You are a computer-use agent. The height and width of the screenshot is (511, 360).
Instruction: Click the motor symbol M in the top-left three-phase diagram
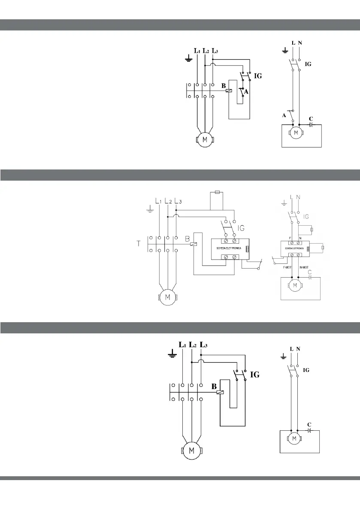(204, 140)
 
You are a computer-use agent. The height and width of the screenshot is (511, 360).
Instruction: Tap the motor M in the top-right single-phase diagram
(295, 133)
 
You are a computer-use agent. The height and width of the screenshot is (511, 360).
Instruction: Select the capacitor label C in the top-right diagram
(311, 118)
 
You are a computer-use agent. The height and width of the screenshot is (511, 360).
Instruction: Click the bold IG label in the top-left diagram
(258, 76)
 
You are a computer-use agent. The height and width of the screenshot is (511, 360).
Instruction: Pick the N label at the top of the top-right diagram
(300, 43)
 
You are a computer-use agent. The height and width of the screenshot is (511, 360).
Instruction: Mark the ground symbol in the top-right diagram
(284, 51)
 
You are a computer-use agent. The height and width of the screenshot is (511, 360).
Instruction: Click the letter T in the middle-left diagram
(139, 244)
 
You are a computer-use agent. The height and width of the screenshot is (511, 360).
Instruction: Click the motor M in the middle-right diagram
(294, 285)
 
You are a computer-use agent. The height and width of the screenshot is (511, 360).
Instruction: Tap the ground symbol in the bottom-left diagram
(172, 354)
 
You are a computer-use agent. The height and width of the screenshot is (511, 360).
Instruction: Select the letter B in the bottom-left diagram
(214, 386)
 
